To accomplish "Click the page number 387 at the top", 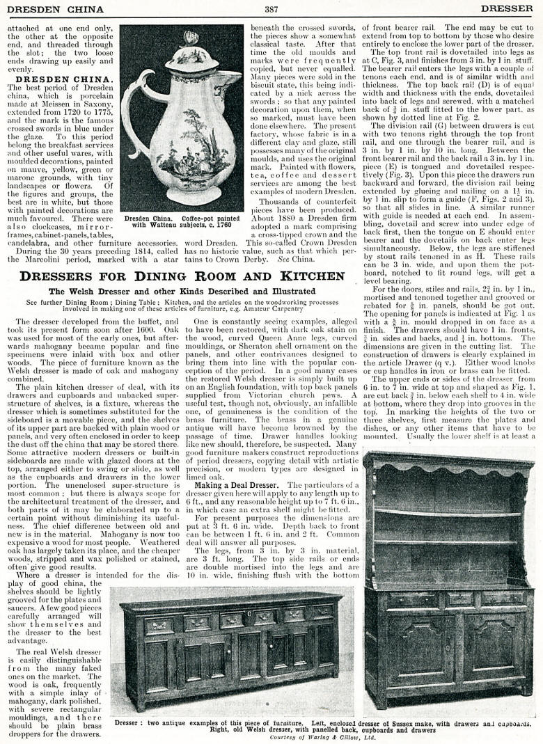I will click(271, 9).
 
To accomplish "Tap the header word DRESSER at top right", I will click(507, 9).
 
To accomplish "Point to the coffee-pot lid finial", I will click(191, 38).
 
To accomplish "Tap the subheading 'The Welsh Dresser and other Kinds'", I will click(182, 291).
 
